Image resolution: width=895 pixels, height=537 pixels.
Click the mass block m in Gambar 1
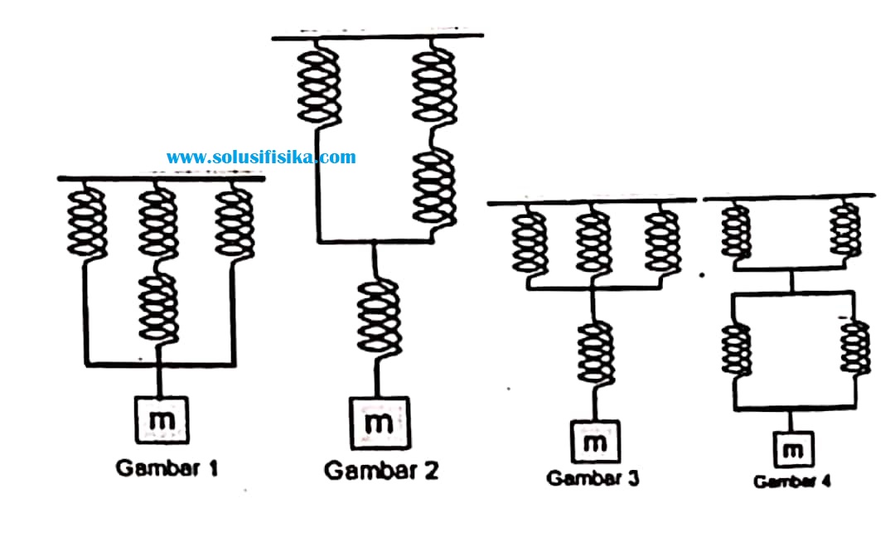point(162,420)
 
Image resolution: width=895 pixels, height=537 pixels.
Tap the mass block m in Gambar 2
point(380,423)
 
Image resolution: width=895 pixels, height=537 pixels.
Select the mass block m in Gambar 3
point(595,442)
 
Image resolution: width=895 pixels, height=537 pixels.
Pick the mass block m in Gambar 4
point(793,450)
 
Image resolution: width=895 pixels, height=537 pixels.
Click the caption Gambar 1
point(167,468)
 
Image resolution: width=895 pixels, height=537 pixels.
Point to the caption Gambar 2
point(381,471)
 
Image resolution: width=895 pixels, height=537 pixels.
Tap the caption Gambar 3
point(593,477)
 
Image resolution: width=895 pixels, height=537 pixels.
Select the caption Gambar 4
point(792,481)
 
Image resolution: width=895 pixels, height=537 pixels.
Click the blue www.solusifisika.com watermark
point(261,157)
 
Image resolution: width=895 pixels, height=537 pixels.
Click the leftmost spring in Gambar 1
point(87,223)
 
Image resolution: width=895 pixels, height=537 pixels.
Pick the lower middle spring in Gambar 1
point(158,308)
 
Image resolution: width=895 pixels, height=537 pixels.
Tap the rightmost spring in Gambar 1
point(235,223)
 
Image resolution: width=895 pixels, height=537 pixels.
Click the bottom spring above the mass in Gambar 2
point(379,317)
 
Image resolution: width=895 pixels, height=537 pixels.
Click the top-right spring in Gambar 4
point(845,230)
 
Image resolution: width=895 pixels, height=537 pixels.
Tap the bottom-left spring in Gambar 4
point(737,349)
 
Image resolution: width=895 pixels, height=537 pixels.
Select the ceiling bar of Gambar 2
point(377,36)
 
